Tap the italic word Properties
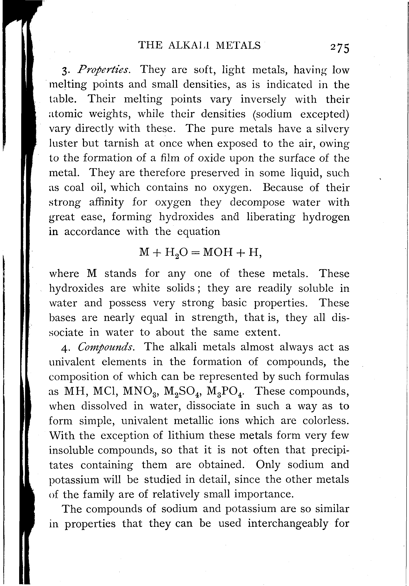point(104,70)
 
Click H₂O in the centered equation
point(176,253)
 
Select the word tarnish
point(121,143)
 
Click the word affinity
point(106,202)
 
